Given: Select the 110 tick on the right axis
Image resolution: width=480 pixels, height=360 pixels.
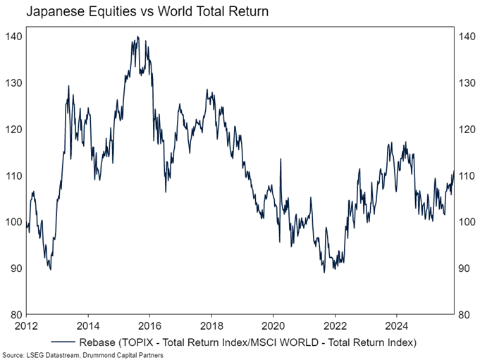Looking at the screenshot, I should tap(465, 175).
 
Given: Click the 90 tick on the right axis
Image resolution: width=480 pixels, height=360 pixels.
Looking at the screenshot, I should tap(463, 268).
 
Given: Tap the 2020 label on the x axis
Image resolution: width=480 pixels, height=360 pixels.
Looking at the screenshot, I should tap(272, 327).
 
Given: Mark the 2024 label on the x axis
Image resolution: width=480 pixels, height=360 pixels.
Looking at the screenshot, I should tap(395, 327).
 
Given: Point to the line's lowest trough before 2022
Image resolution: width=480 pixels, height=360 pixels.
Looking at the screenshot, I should tap(324, 272).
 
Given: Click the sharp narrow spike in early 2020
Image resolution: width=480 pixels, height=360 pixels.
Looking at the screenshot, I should tap(281, 159).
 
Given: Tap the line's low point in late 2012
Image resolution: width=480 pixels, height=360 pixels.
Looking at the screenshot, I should tap(50, 268).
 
